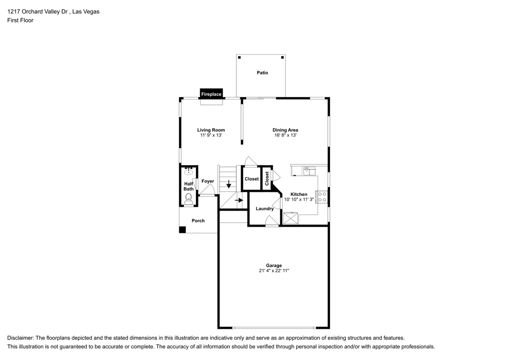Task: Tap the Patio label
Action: coord(262,73)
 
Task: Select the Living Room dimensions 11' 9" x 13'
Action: coord(211,135)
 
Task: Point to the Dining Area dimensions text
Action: coord(285,135)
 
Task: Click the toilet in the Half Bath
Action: coord(188,199)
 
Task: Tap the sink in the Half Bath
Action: coord(189,170)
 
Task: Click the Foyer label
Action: coord(208,181)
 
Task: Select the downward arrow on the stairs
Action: coord(229,184)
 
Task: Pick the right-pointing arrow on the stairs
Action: coord(239,200)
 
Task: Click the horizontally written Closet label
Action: coord(252,179)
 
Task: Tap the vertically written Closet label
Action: coord(267,179)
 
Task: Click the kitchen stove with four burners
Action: coord(323,197)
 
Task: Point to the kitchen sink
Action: coord(309,171)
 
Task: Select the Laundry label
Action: coord(265,209)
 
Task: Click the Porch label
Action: coord(198,221)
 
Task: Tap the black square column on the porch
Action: coord(183,229)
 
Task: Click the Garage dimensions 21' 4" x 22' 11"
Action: coord(274,270)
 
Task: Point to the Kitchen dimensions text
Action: coord(299,199)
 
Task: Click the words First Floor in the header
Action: coord(20,20)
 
